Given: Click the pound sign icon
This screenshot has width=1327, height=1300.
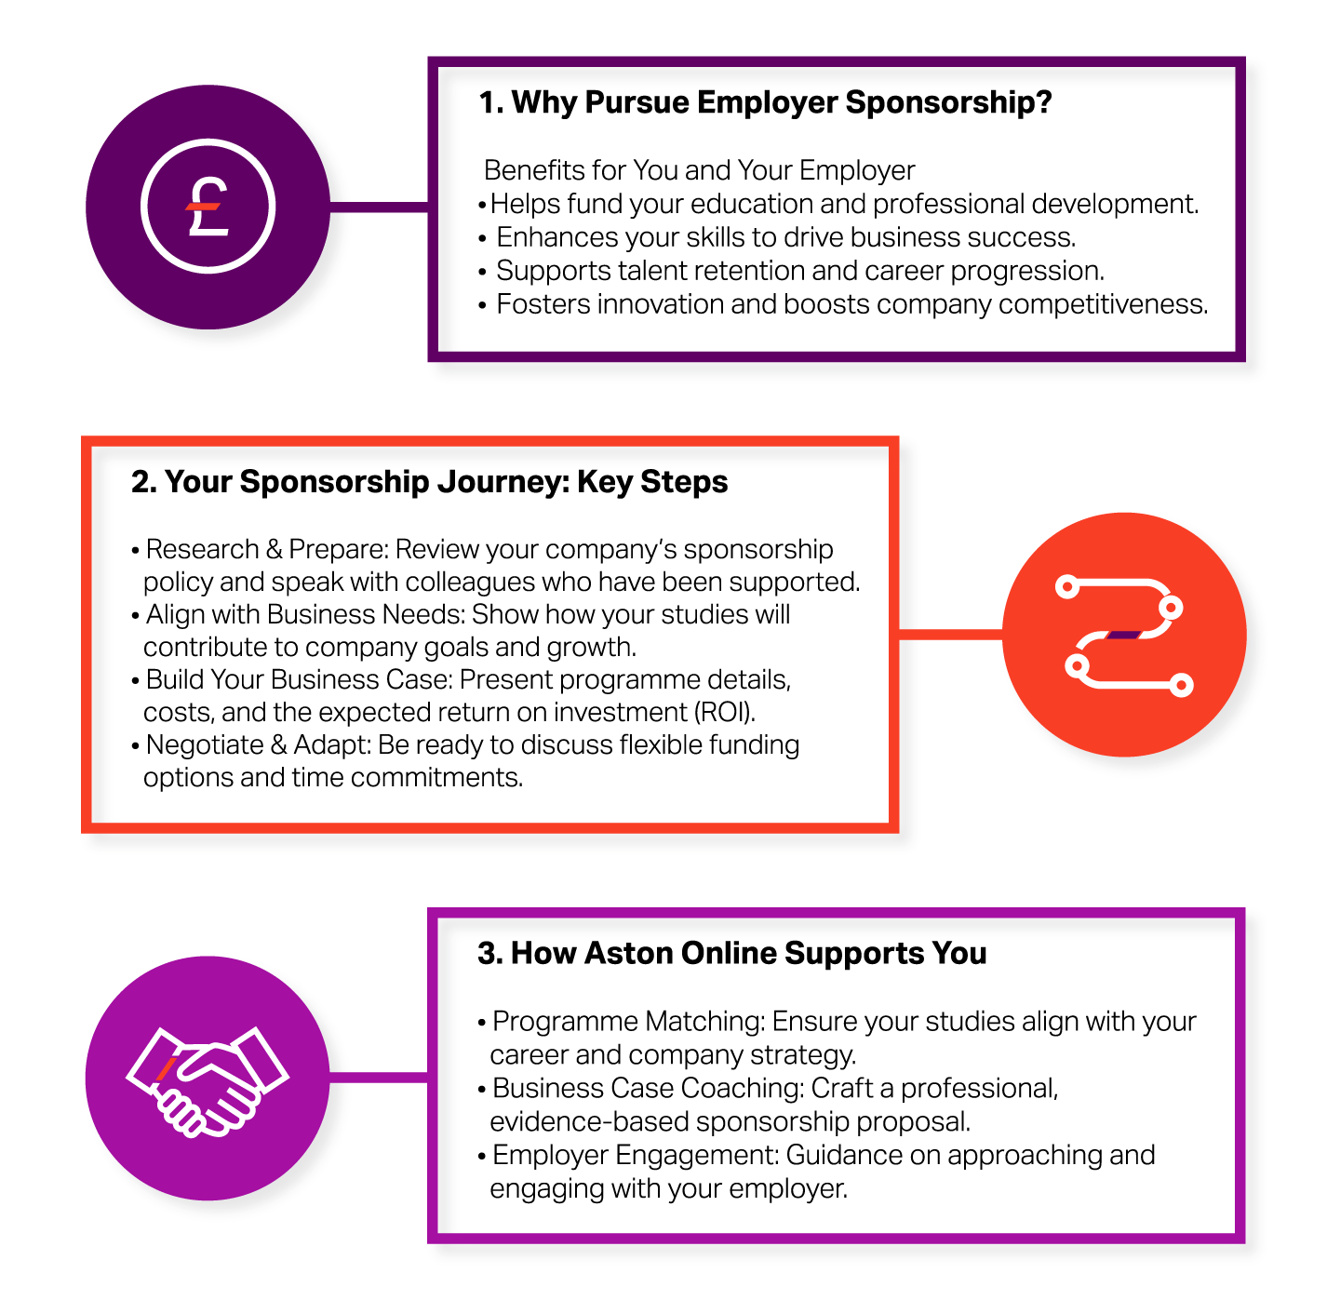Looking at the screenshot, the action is pos(208,206).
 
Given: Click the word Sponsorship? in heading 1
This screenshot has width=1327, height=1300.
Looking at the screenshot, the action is pos(948,102).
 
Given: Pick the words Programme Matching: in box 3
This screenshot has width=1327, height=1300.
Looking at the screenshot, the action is pos(629,1022).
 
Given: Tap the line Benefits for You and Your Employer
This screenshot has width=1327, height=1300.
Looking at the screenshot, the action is pos(699,170).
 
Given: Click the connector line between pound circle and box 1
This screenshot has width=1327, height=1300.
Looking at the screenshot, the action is pos(379,207).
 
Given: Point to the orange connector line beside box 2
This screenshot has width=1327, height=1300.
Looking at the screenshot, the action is pos(950,635).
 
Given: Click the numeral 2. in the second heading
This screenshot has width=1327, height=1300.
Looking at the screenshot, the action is pos(143,481).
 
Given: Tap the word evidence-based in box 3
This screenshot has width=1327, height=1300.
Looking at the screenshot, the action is pos(589,1122).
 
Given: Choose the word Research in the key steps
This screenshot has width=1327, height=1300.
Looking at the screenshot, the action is pos(203,550).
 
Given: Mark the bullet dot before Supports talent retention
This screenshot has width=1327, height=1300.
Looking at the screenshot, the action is pos(482,272).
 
